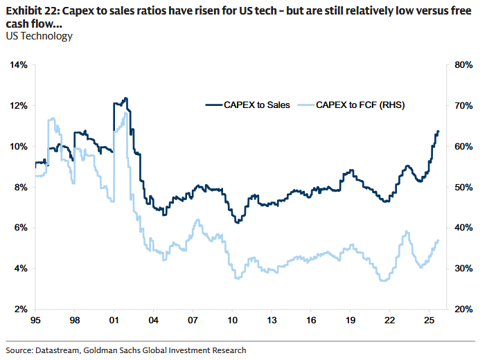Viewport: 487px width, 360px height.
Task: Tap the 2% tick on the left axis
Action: [20, 309]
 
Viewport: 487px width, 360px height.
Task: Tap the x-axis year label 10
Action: [233, 321]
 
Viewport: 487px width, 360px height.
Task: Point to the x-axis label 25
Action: [430, 321]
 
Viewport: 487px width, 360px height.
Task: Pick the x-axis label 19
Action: [351, 321]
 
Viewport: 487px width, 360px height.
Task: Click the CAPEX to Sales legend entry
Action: [247, 105]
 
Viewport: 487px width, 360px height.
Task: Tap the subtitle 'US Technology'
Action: [38, 35]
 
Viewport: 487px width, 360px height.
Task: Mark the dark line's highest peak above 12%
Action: [125, 98]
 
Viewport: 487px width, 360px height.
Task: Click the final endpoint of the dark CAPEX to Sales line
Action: [439, 132]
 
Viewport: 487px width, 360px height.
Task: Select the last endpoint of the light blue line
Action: [439, 240]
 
